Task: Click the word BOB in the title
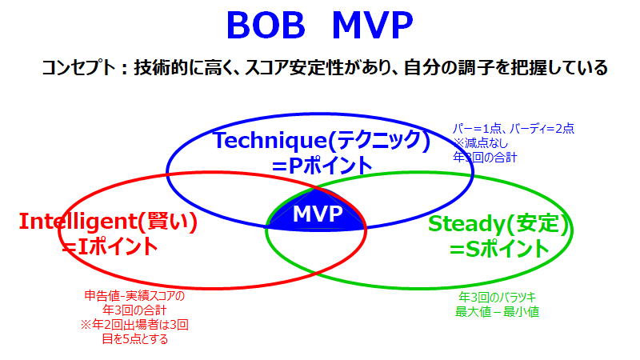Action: point(266,26)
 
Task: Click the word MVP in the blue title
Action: point(373,26)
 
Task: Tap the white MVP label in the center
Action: point(318,214)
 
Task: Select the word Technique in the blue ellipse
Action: point(270,141)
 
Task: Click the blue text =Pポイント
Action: point(322,166)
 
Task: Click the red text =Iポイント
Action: point(110,246)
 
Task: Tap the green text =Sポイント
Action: point(499,249)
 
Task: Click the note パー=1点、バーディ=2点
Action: point(514,129)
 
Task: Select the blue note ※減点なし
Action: point(481,143)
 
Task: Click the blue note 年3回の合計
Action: point(486,157)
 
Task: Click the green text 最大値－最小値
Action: point(497,312)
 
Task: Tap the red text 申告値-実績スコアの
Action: point(134,295)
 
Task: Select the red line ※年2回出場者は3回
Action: point(134,325)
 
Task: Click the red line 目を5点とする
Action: point(134,338)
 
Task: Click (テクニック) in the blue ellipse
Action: point(379,141)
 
